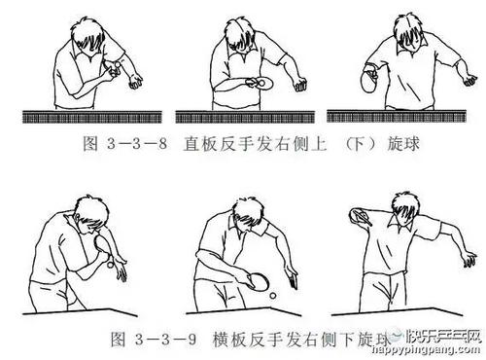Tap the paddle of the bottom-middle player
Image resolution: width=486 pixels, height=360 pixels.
256,281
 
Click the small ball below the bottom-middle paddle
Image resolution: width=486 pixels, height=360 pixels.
273,292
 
